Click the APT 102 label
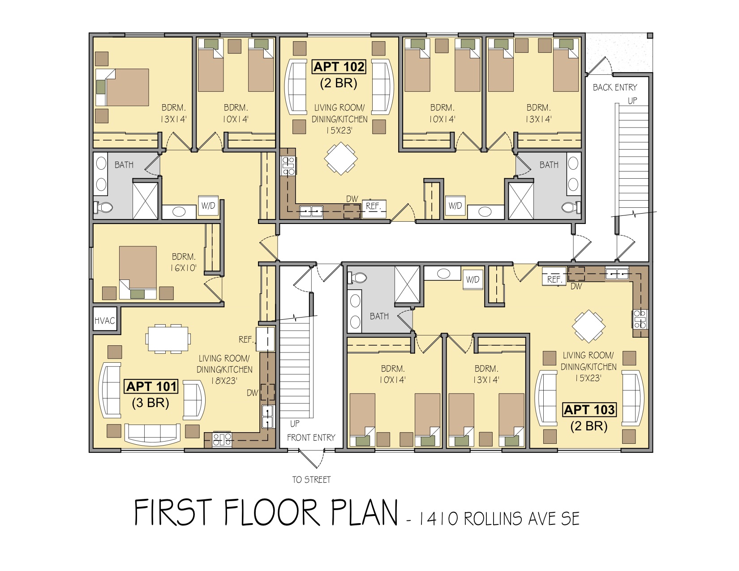point(339,67)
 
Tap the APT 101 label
point(151,386)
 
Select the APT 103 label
point(589,409)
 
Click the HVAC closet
point(105,320)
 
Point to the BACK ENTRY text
point(615,87)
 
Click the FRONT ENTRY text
point(311,438)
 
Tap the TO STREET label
point(311,480)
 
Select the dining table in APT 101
point(168,339)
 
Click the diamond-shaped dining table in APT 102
point(341,159)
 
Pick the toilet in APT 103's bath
point(357,278)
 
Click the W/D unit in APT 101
point(208,206)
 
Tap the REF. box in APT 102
point(374,208)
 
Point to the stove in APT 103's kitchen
point(640,319)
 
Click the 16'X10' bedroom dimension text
point(183,268)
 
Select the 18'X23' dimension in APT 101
point(224,381)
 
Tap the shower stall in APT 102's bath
point(521,201)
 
